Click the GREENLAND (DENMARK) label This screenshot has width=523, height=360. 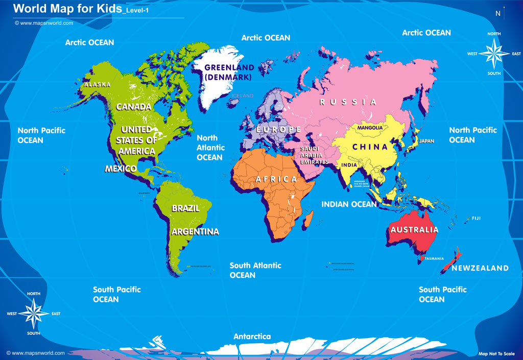click(x=229, y=73)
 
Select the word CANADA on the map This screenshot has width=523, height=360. click(x=134, y=107)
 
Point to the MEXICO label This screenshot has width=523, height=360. click(x=121, y=169)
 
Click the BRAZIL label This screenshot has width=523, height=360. click(x=185, y=208)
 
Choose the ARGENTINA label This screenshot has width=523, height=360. click(x=195, y=232)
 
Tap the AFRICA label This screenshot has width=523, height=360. click(x=276, y=179)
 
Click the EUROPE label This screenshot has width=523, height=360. click(x=279, y=130)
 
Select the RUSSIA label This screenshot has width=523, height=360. click(x=348, y=102)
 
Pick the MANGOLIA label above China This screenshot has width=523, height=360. click(x=370, y=127)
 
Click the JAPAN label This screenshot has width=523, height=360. click(x=426, y=141)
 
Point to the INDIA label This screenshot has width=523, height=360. click(x=349, y=165)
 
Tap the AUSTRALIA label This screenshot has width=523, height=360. click(x=414, y=230)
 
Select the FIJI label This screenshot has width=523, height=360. click(x=476, y=219)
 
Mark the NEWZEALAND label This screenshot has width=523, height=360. click(x=480, y=268)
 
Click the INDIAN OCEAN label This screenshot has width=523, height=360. click(x=349, y=204)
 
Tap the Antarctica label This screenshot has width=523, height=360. click(x=252, y=337)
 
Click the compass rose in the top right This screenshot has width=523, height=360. click(x=494, y=53)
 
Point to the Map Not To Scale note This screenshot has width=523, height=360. click(x=496, y=353)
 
